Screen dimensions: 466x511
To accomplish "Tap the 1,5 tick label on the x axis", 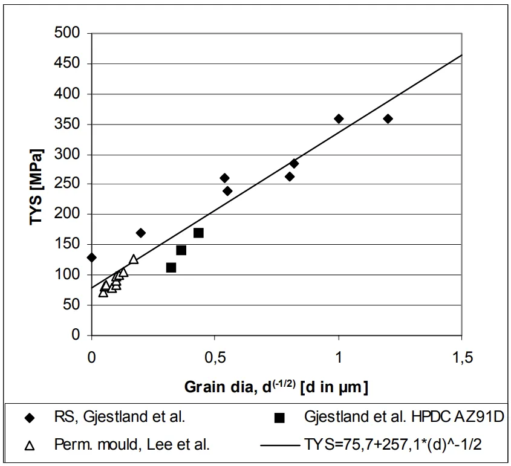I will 463,358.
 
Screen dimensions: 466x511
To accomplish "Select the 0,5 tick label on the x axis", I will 215,358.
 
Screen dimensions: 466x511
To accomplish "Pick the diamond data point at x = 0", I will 92,257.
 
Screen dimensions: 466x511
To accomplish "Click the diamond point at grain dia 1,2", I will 388,118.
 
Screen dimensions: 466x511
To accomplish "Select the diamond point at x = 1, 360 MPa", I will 339,118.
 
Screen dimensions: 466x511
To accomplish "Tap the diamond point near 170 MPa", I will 141,233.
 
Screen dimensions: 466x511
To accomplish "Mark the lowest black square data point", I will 171,267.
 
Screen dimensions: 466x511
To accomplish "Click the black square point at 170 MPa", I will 198,233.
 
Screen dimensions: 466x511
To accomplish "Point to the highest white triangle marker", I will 134,259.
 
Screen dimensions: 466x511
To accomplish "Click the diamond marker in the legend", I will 28,417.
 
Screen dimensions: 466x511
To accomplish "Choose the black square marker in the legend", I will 279,417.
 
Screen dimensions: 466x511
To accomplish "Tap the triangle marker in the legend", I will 28,446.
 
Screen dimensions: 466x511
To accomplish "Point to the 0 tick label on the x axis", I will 91,358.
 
